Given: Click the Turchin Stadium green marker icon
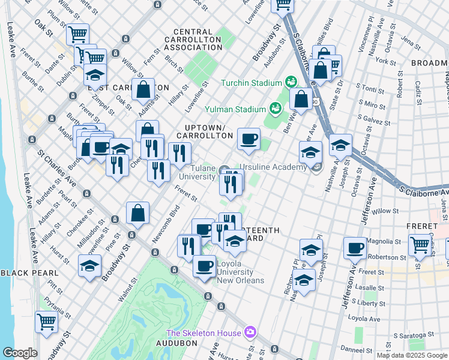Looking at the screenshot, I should (x=291, y=82).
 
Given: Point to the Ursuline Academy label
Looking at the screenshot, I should (x=273, y=167).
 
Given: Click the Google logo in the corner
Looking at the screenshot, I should (x=19, y=353).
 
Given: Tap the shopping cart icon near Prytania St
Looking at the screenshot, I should (x=46, y=321).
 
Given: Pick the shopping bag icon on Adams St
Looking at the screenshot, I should (x=144, y=90).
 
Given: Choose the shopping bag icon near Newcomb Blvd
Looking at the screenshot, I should (x=138, y=213).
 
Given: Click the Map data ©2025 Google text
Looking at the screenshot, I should (x=412, y=355).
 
